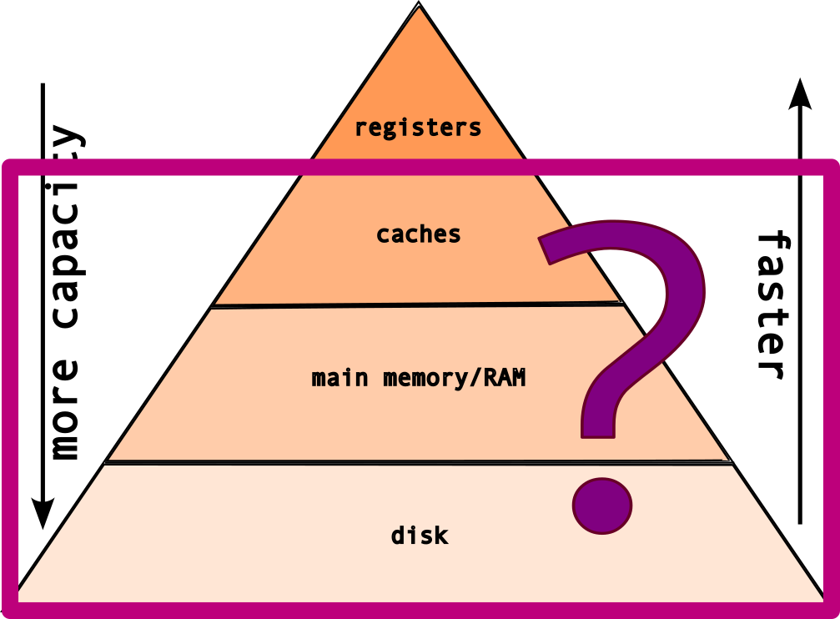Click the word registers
click(x=418, y=128)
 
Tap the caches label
click(x=418, y=234)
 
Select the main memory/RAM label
click(x=419, y=378)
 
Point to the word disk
click(x=420, y=534)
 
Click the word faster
click(x=772, y=305)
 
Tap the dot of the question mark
click(x=601, y=505)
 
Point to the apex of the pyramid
click(x=419, y=7)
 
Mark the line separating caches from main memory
click(x=417, y=305)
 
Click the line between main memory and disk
click(x=417, y=461)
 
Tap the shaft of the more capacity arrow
click(x=42, y=292)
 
